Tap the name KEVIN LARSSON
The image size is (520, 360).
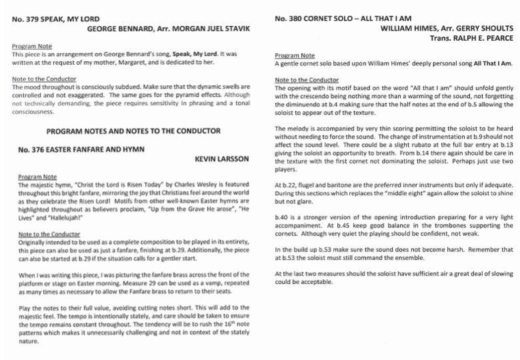222,159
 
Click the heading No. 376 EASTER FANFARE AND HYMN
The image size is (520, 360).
81,149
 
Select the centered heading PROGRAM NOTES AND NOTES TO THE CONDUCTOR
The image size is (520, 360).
133,131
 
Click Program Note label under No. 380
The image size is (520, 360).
295,55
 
